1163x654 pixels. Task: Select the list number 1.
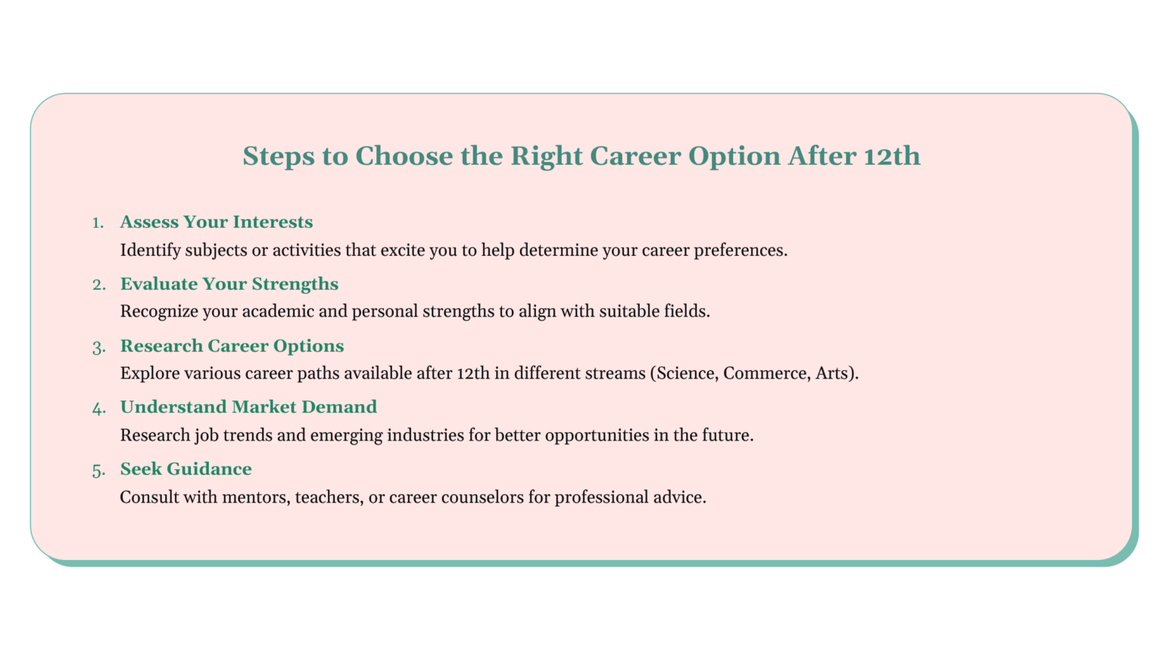pyautogui.click(x=98, y=223)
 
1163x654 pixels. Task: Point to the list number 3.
pyautogui.click(x=98, y=347)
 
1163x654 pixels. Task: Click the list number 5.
pyautogui.click(x=98, y=471)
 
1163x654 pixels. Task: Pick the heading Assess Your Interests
pyautogui.click(x=217, y=222)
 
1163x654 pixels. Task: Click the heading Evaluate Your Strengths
pyautogui.click(x=229, y=284)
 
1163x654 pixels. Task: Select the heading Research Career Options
pyautogui.click(x=232, y=346)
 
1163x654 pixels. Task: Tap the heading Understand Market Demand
pyautogui.click(x=248, y=407)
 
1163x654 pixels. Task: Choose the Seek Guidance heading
pyautogui.click(x=186, y=469)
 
